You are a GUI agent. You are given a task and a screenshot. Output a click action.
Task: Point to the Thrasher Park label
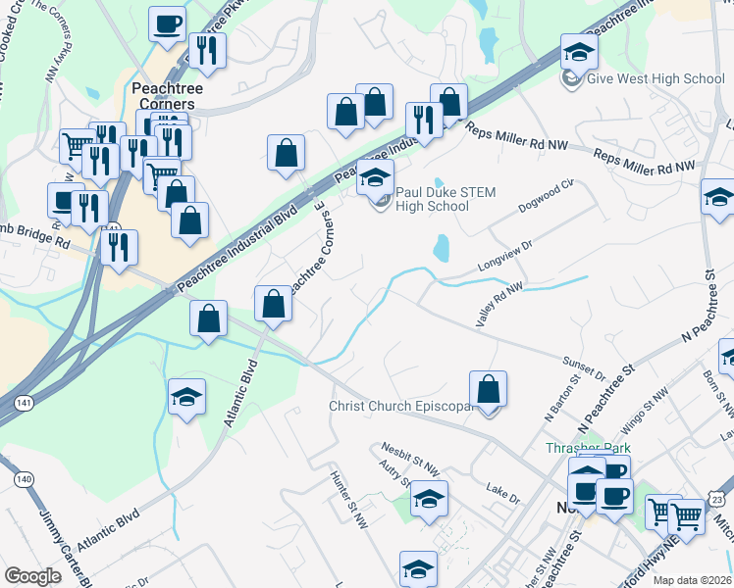588,448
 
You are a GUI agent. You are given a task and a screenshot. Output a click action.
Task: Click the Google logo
32,575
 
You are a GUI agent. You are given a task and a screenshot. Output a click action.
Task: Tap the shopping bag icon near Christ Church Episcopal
488,391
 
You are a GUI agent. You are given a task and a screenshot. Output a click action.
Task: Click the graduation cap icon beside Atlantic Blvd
186,398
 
